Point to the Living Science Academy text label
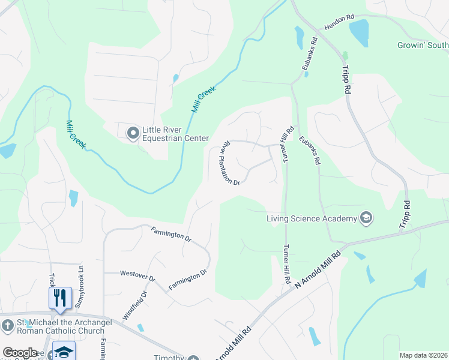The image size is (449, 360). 312,218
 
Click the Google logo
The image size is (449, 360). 20,353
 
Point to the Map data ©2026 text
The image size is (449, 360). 424,355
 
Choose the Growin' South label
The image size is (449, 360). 423,46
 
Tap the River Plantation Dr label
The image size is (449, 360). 231,163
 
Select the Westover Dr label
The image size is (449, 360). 137,277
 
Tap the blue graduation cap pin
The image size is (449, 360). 64,352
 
